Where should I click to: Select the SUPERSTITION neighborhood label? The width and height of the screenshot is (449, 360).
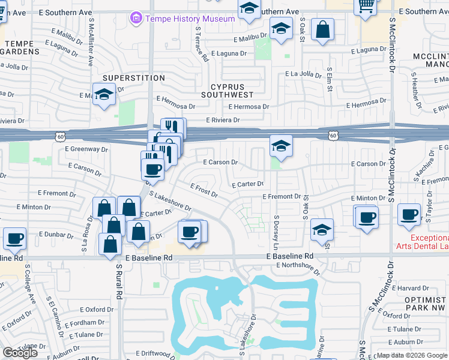[x=125, y=78]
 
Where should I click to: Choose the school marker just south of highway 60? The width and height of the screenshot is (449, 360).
[x=280, y=146]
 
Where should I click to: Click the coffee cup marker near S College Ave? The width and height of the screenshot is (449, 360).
[x=14, y=238]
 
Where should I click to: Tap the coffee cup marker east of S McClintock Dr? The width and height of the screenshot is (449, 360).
[x=411, y=214]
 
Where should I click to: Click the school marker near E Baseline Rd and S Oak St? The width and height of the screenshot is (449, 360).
[x=322, y=229]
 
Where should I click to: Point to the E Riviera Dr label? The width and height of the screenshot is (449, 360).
[x=223, y=120]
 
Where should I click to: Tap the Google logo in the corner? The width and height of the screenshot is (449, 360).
[x=20, y=353]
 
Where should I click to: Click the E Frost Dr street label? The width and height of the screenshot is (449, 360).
[x=203, y=191]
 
